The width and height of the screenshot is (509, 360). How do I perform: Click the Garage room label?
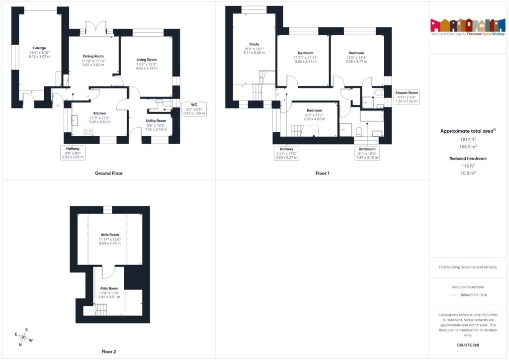[x=39, y=48]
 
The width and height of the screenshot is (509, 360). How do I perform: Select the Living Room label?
[x=147, y=60]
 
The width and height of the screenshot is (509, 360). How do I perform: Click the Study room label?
[x=254, y=44]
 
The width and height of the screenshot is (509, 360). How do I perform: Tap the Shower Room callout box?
[x=407, y=96]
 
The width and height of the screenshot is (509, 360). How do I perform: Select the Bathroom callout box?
[x=367, y=153]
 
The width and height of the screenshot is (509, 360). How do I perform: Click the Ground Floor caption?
[x=109, y=174]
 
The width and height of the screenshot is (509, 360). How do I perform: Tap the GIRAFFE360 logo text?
[x=469, y=345]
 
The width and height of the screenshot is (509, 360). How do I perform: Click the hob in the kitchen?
[x=88, y=132]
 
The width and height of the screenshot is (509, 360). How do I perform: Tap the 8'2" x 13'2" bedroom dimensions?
[x=314, y=115]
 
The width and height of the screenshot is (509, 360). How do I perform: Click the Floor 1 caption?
[x=322, y=174]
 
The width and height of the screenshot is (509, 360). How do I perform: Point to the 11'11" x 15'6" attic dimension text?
[x=110, y=239]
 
